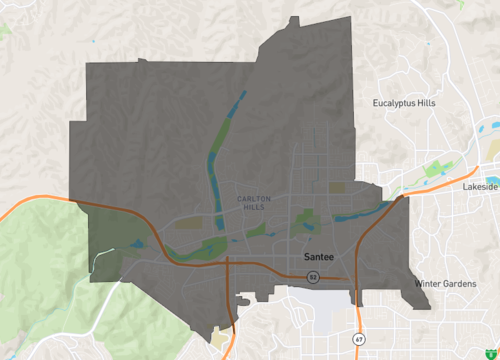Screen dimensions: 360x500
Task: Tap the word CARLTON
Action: tap(254, 198)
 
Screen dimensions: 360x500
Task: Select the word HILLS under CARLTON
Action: tap(254, 207)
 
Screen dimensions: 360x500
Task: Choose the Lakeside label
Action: tap(480, 187)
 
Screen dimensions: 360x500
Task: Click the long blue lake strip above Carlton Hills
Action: tap(224, 140)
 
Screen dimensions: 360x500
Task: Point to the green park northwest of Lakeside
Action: tap(434, 168)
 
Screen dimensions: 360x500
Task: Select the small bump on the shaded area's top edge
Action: tap(293, 19)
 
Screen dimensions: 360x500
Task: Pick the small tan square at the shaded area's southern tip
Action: tap(219, 332)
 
